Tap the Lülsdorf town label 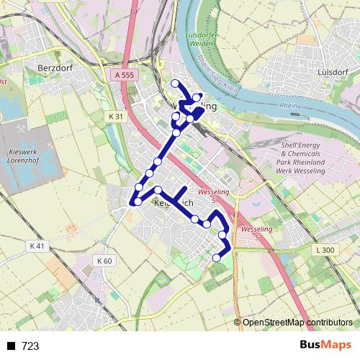[331, 73]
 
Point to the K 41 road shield [37, 246]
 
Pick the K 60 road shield [104, 261]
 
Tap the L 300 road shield [325, 250]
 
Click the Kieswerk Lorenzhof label [28, 158]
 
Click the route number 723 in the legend [31, 346]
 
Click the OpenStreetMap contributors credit [297, 323]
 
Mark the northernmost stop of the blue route [175, 84]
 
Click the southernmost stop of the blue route [217, 258]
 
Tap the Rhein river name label [288, 106]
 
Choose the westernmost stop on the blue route [132, 202]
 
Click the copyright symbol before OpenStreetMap [238, 323]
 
